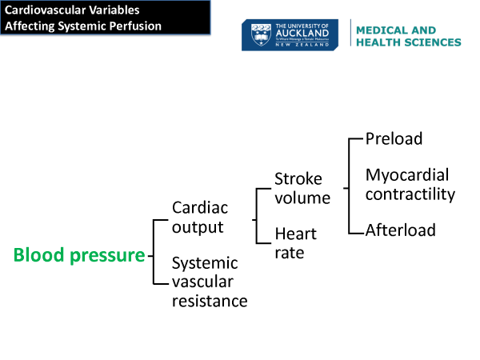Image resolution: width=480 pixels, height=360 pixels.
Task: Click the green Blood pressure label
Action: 79,255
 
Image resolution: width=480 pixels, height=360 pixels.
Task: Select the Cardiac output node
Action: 200,217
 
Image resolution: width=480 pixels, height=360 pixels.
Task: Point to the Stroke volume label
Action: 302,187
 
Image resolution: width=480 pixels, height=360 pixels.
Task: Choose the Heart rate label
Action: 295,243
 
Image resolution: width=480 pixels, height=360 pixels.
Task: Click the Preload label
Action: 394,138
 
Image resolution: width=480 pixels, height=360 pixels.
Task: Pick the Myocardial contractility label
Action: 410,184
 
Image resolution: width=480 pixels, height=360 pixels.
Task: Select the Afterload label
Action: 400,230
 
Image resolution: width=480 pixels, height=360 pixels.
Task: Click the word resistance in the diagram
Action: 210,301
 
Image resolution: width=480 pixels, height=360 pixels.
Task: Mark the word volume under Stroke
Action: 302,197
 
